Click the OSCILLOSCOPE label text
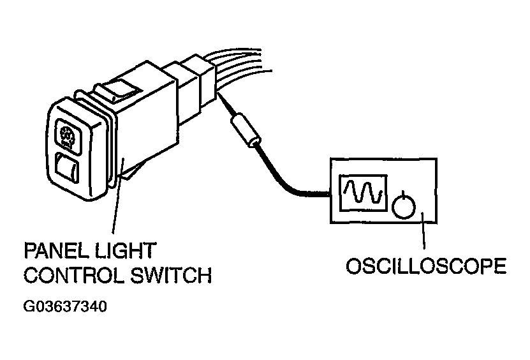[426, 266]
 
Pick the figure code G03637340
[65, 306]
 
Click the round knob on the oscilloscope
[404, 206]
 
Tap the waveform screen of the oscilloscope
[363, 193]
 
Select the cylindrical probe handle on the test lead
[246, 131]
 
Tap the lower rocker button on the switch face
[67, 168]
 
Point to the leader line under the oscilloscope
[423, 230]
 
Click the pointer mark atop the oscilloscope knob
[403, 195]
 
